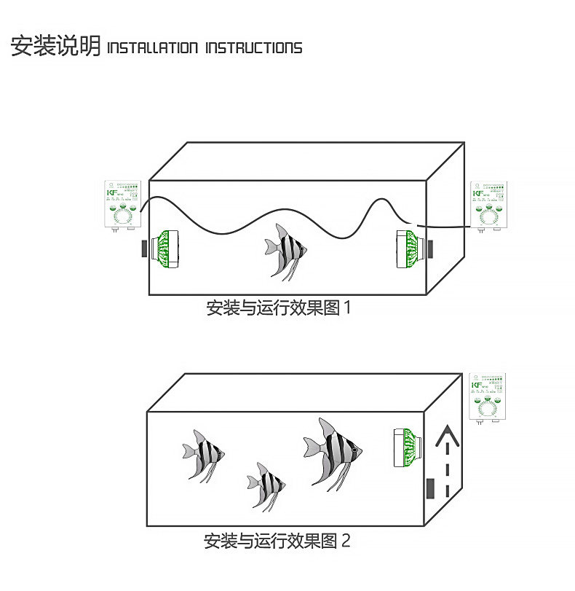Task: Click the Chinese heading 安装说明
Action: (x=55, y=46)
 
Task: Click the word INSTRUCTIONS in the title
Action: (x=254, y=48)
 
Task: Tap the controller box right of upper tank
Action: (x=489, y=206)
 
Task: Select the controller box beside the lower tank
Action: (x=488, y=398)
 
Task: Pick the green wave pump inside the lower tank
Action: (x=402, y=449)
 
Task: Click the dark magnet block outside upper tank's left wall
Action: (x=143, y=248)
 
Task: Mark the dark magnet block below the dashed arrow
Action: (x=432, y=488)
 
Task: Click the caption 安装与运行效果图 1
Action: (x=279, y=308)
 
